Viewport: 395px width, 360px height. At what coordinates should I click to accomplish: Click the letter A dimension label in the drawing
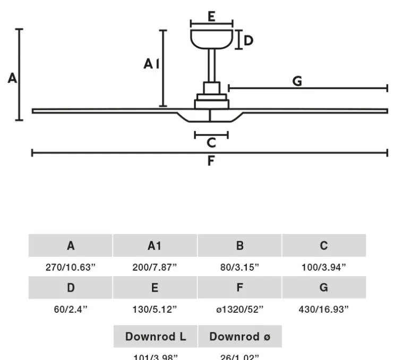point(12,79)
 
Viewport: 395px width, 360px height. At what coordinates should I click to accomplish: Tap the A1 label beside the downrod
point(151,64)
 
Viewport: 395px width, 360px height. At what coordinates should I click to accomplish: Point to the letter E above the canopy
point(211,16)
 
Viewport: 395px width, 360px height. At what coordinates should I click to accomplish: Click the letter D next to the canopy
point(248,41)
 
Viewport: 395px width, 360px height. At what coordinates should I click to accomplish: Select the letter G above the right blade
point(297,81)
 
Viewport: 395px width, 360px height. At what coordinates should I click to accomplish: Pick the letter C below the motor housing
point(211,143)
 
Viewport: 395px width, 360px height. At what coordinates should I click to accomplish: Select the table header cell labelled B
point(239,246)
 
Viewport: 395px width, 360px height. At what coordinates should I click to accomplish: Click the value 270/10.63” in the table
point(71,267)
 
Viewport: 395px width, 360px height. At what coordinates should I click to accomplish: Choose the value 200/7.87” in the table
point(154,267)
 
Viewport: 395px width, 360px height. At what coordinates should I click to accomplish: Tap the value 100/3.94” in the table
point(324,267)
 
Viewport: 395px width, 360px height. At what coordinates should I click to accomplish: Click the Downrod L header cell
point(156,337)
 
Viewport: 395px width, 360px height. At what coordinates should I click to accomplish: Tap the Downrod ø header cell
point(239,337)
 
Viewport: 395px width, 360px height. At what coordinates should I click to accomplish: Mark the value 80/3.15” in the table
point(239,267)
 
